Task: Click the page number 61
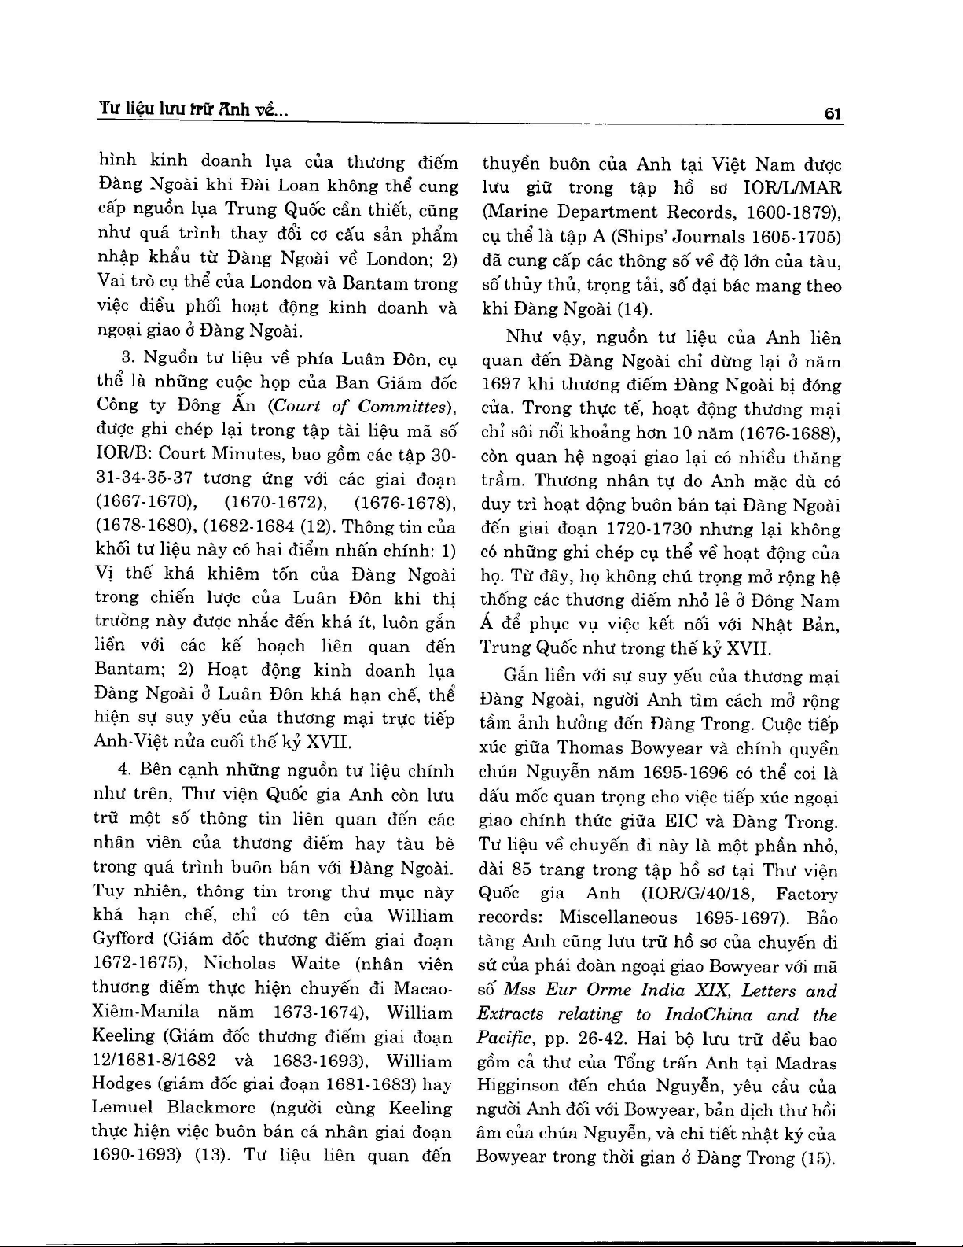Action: point(833,113)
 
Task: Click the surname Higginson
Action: point(519,1087)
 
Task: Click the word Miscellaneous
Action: point(618,917)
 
